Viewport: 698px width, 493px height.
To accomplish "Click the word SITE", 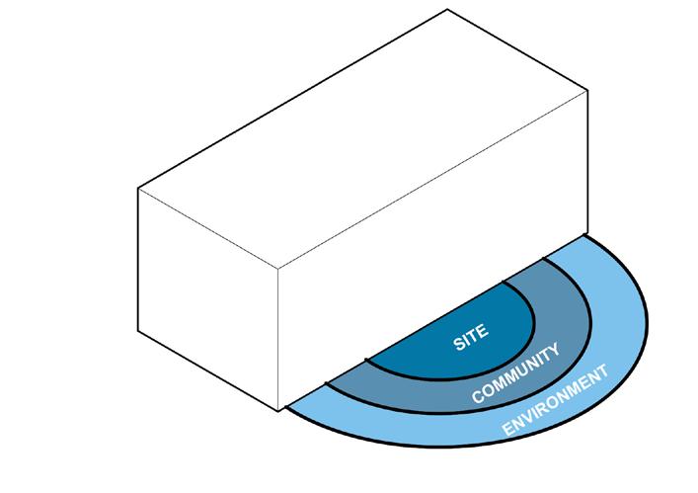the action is click(469, 337).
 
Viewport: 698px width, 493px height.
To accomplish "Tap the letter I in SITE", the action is click(466, 340).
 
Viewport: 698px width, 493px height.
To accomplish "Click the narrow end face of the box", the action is click(207, 287).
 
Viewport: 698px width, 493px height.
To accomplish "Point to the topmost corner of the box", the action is click(449, 9).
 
